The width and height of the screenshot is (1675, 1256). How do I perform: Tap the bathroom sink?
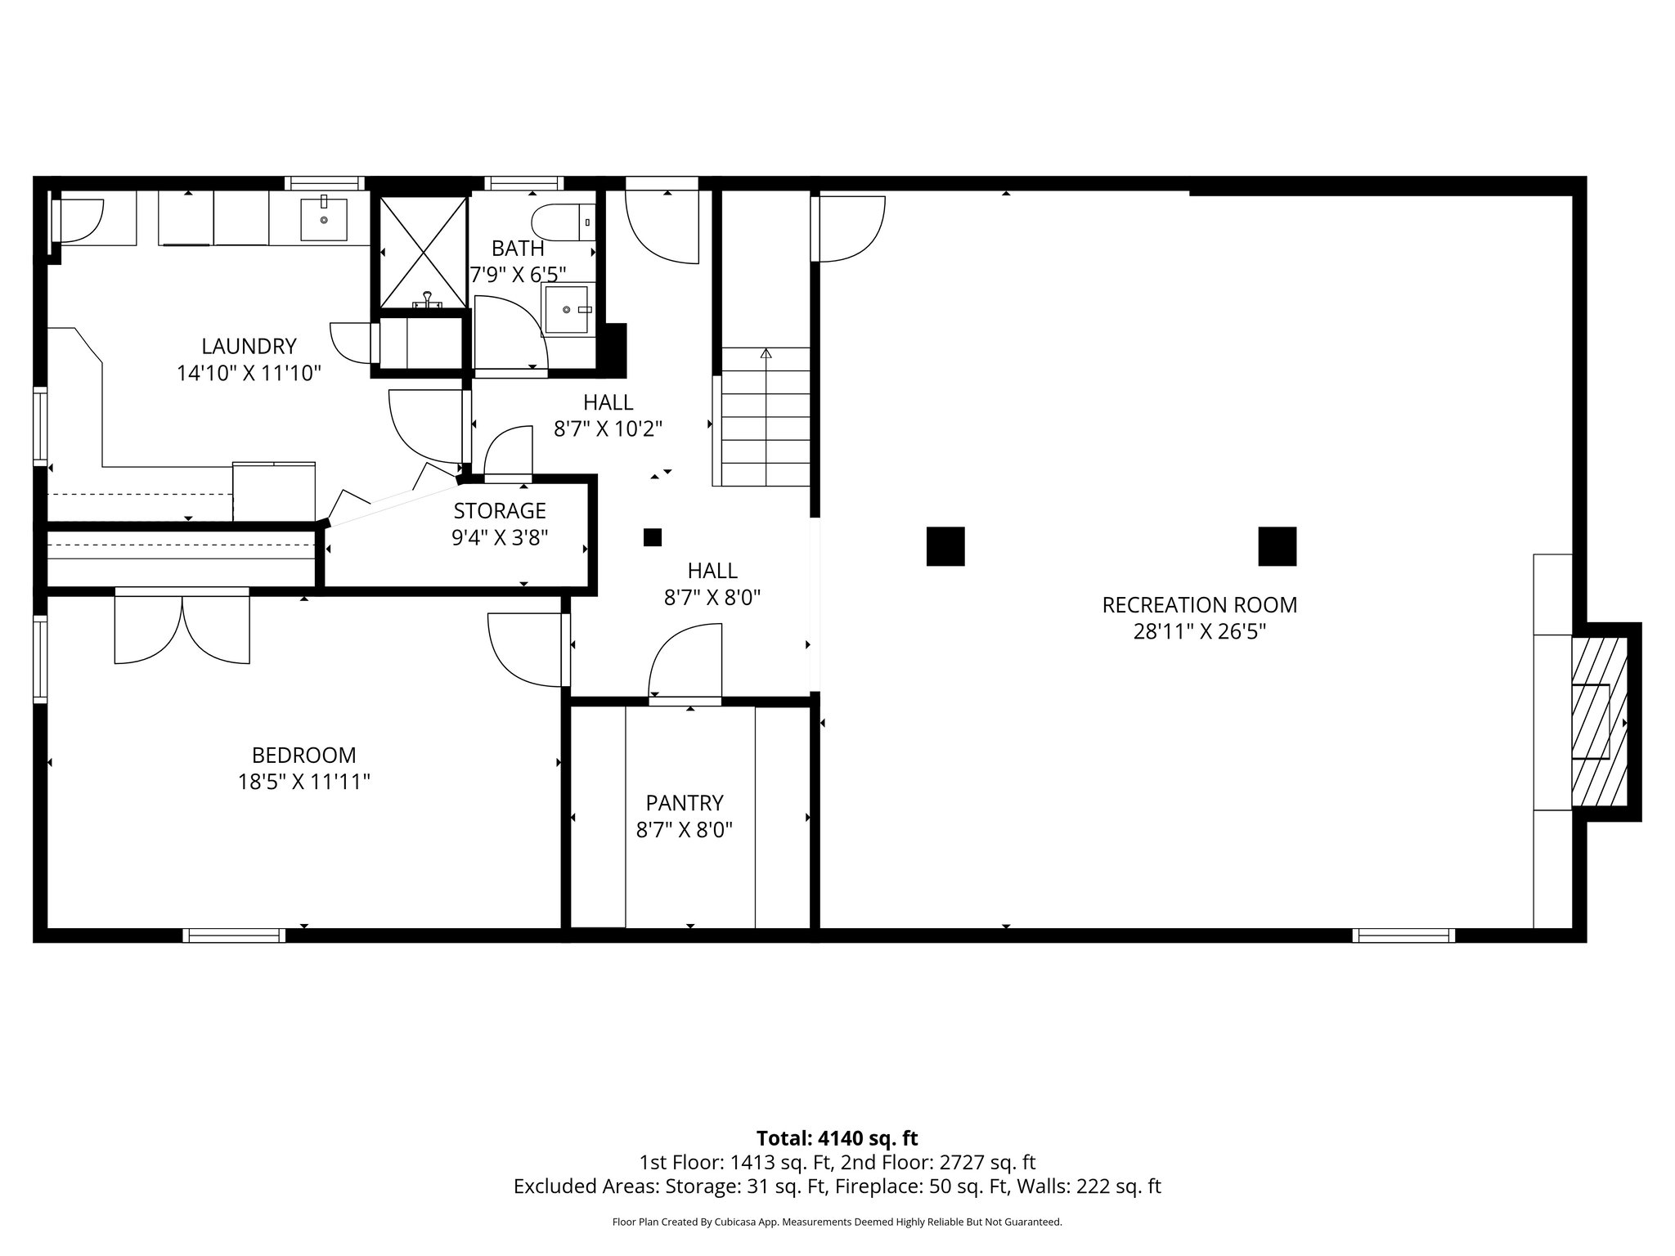pyautogui.click(x=566, y=310)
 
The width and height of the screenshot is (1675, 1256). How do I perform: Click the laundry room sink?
pyautogui.click(x=324, y=219)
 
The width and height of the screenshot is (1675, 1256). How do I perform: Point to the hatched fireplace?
pyautogui.click(x=1599, y=722)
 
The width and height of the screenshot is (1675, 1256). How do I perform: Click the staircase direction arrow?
pyautogui.click(x=766, y=354)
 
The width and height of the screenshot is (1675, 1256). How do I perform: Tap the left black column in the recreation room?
pyautogui.click(x=945, y=546)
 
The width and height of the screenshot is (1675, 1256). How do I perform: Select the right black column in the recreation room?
pyautogui.click(x=1277, y=546)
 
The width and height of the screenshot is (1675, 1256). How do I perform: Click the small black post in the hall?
pyautogui.click(x=652, y=537)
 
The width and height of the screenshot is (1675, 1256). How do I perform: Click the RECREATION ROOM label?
pyautogui.click(x=1199, y=605)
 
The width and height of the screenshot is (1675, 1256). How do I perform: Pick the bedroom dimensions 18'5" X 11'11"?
pyautogui.click(x=303, y=782)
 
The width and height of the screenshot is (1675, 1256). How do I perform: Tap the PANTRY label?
pyautogui.click(x=685, y=802)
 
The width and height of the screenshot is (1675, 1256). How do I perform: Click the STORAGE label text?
pyautogui.click(x=500, y=510)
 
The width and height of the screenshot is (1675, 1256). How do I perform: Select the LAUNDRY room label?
pyautogui.click(x=249, y=346)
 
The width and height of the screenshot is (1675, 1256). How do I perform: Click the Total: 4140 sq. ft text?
pyautogui.click(x=837, y=1138)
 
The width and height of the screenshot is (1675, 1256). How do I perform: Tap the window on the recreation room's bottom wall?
pyautogui.click(x=1403, y=935)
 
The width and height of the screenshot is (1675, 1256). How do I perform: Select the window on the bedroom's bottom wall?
pyautogui.click(x=234, y=935)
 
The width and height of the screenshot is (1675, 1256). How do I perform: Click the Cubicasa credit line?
pyautogui.click(x=837, y=1222)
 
